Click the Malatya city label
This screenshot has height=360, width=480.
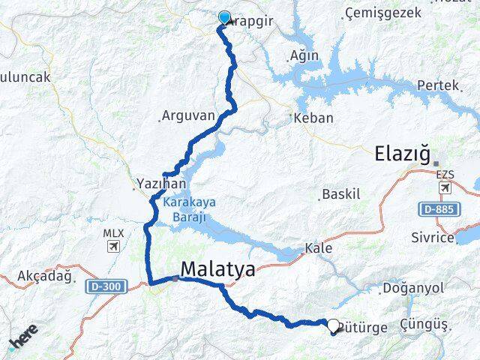[x=217, y=269]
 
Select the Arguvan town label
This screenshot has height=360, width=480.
[x=187, y=116]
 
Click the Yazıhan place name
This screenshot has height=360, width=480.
[x=156, y=182]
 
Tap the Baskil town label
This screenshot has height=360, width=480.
[x=341, y=194]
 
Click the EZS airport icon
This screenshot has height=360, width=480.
[x=445, y=187]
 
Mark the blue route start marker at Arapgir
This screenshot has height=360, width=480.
[x=224, y=18]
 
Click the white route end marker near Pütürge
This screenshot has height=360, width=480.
[x=333, y=325]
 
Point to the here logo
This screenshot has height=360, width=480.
[x=23, y=337]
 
